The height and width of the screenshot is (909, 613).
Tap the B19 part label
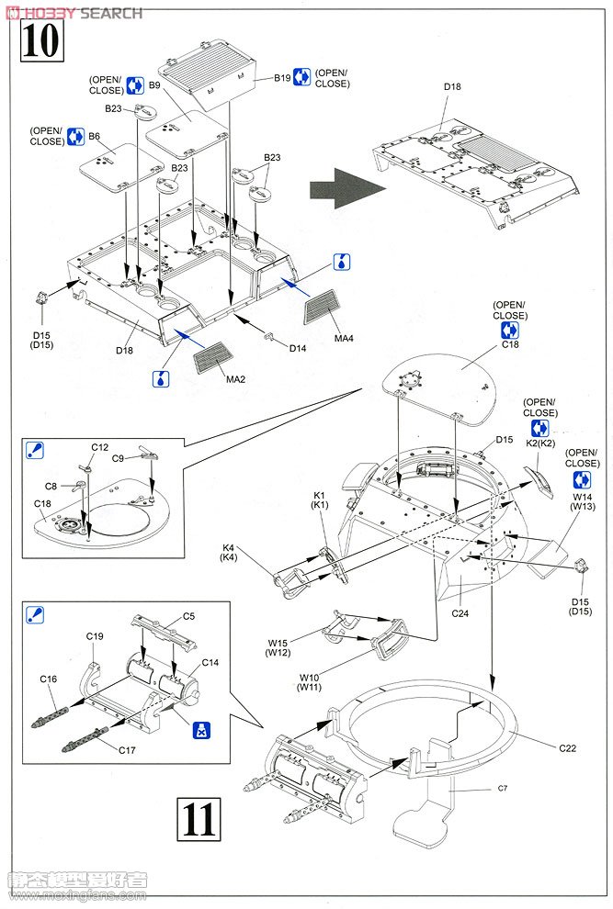[282, 78]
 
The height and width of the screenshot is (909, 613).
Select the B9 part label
[154, 85]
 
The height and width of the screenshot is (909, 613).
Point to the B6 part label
[94, 137]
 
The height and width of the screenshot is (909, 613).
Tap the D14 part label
[297, 348]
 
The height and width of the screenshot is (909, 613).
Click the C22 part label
[567, 747]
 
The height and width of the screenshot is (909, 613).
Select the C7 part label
[502, 788]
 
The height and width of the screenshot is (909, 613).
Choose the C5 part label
[188, 615]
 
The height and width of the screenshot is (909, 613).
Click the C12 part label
[99, 447]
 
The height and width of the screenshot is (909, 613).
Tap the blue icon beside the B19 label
[301, 78]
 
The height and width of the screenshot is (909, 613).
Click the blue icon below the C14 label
[203, 730]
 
